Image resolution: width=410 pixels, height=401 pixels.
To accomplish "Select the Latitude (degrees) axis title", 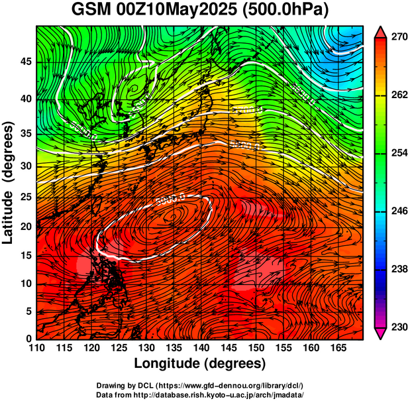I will coord(9,183).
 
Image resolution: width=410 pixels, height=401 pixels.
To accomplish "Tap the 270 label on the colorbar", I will coord(399,38).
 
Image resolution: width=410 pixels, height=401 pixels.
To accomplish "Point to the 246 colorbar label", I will coord(399,211).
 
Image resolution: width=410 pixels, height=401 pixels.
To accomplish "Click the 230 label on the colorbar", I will coord(399,327).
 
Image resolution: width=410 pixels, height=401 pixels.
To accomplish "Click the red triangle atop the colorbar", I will coord(382,32).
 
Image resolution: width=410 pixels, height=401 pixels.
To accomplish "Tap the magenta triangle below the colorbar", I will coord(382,333).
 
